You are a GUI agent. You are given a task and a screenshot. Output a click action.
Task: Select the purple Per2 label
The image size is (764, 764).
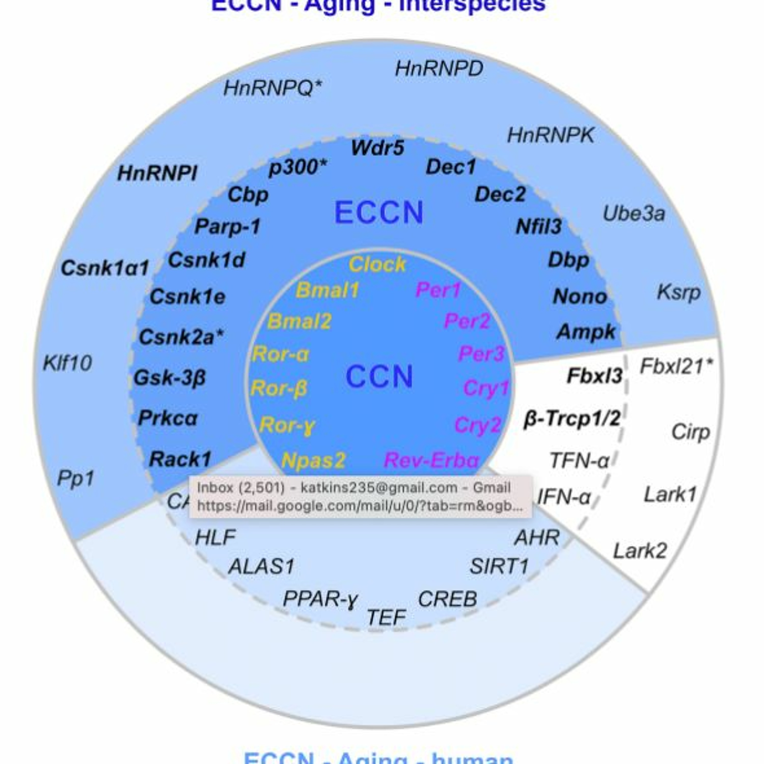(467, 321)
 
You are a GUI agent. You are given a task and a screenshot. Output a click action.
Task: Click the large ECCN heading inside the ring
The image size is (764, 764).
(379, 213)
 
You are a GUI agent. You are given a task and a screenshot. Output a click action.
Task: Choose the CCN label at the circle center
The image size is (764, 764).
(379, 376)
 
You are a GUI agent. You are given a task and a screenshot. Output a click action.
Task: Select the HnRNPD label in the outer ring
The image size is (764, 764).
(439, 69)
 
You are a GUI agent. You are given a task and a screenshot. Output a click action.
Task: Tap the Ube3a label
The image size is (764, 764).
(634, 214)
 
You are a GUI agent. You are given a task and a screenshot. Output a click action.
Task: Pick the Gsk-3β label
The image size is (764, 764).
(170, 378)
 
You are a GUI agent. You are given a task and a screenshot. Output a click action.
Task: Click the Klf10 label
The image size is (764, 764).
(67, 363)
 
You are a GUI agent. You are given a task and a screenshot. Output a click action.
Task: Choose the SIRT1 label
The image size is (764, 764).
(499, 566)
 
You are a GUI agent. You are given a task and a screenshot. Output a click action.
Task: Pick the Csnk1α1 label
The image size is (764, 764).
(105, 268)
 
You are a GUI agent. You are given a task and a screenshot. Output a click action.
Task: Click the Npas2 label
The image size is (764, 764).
(313, 460)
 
